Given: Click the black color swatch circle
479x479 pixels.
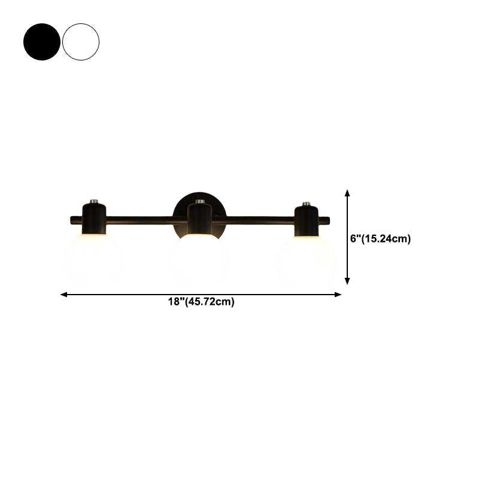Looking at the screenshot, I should (42, 41).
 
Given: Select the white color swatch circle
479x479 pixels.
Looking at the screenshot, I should (81, 41).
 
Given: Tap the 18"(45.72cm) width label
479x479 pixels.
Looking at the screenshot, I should (201, 302).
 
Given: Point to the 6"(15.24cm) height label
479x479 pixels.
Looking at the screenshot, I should (380, 238).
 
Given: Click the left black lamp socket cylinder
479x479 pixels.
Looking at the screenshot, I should (93, 218).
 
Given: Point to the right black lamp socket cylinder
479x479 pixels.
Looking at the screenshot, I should (307, 218).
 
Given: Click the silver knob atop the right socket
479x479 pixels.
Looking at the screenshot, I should (307, 204).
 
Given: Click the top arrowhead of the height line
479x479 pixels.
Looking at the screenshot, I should (347, 193).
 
